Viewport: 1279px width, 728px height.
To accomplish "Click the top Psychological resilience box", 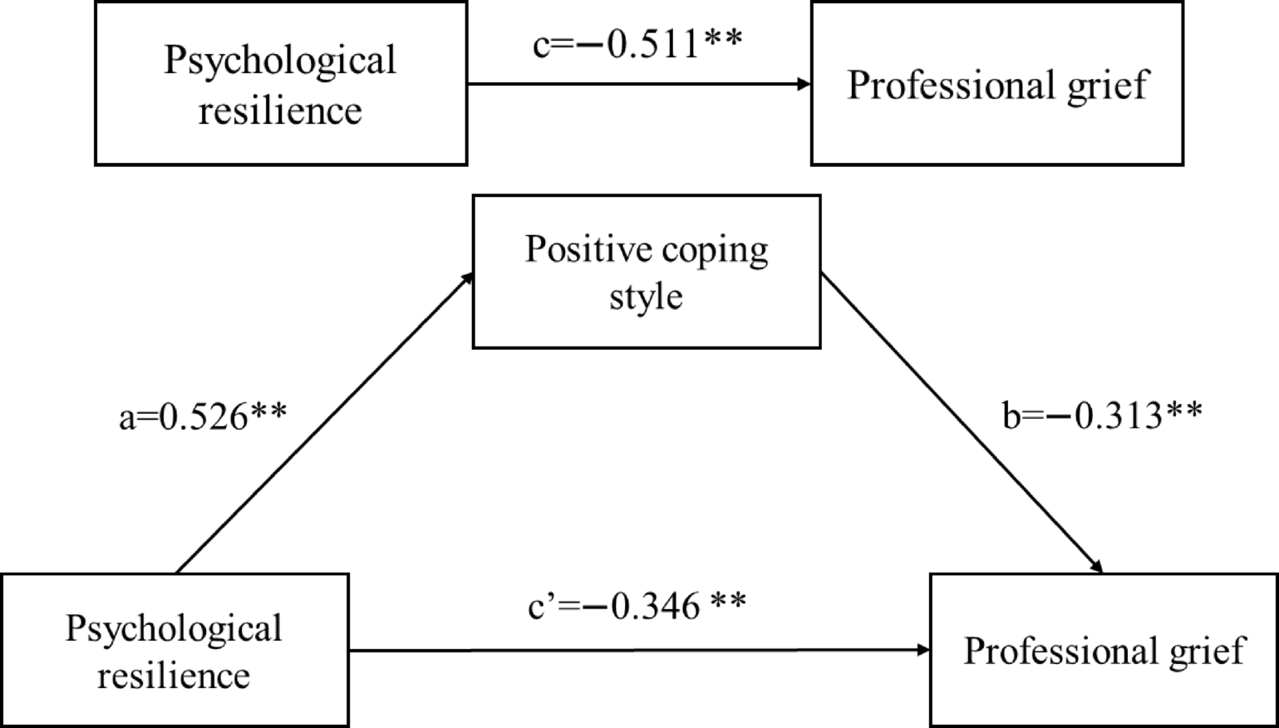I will [x=281, y=83].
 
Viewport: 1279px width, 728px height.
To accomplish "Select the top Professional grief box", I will [x=996, y=83].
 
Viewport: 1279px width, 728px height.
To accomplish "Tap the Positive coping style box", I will [x=647, y=272].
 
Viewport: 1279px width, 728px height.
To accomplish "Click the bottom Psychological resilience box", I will [x=174, y=651].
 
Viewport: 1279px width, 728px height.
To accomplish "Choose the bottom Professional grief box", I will [x=1104, y=651].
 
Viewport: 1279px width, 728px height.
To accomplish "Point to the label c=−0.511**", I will [x=637, y=44].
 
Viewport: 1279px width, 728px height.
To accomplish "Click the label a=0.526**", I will [x=203, y=416].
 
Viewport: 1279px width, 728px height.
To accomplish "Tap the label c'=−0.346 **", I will [x=637, y=606].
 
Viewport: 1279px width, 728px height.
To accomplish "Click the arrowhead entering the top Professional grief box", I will [x=804, y=83].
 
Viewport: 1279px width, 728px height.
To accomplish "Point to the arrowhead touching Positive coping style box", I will [x=467, y=278].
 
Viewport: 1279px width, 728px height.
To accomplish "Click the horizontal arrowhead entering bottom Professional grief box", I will [x=922, y=650].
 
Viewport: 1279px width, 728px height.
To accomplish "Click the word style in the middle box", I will [x=646, y=296].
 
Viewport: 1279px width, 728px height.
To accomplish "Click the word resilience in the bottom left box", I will [x=174, y=675].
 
